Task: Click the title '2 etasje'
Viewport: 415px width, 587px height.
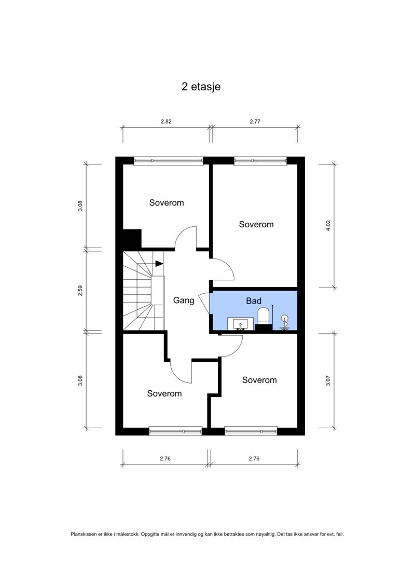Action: (x=201, y=87)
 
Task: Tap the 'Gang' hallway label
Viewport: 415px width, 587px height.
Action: (x=183, y=300)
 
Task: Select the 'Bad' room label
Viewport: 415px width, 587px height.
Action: (x=254, y=301)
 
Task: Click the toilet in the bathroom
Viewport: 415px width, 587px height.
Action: (x=264, y=318)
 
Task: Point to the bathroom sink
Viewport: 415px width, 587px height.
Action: (x=240, y=324)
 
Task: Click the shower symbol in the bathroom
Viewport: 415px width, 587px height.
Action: (x=285, y=322)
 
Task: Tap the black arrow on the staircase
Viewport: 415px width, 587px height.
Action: (x=159, y=264)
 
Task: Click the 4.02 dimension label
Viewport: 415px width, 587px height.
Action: (x=328, y=225)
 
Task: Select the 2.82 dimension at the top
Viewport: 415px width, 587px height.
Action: (x=166, y=121)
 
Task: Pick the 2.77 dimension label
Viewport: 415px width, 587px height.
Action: (x=255, y=121)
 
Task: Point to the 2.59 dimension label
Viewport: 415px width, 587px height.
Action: (x=80, y=291)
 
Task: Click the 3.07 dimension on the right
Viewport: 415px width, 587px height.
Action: (x=328, y=380)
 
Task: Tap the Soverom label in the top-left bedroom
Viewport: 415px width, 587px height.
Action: (x=167, y=202)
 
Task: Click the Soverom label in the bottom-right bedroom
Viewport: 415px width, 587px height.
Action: (x=259, y=380)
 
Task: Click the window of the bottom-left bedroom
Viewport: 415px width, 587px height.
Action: (x=175, y=430)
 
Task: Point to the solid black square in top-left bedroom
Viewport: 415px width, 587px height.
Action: (x=132, y=238)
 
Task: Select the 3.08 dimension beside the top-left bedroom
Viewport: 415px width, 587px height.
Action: (x=80, y=206)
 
